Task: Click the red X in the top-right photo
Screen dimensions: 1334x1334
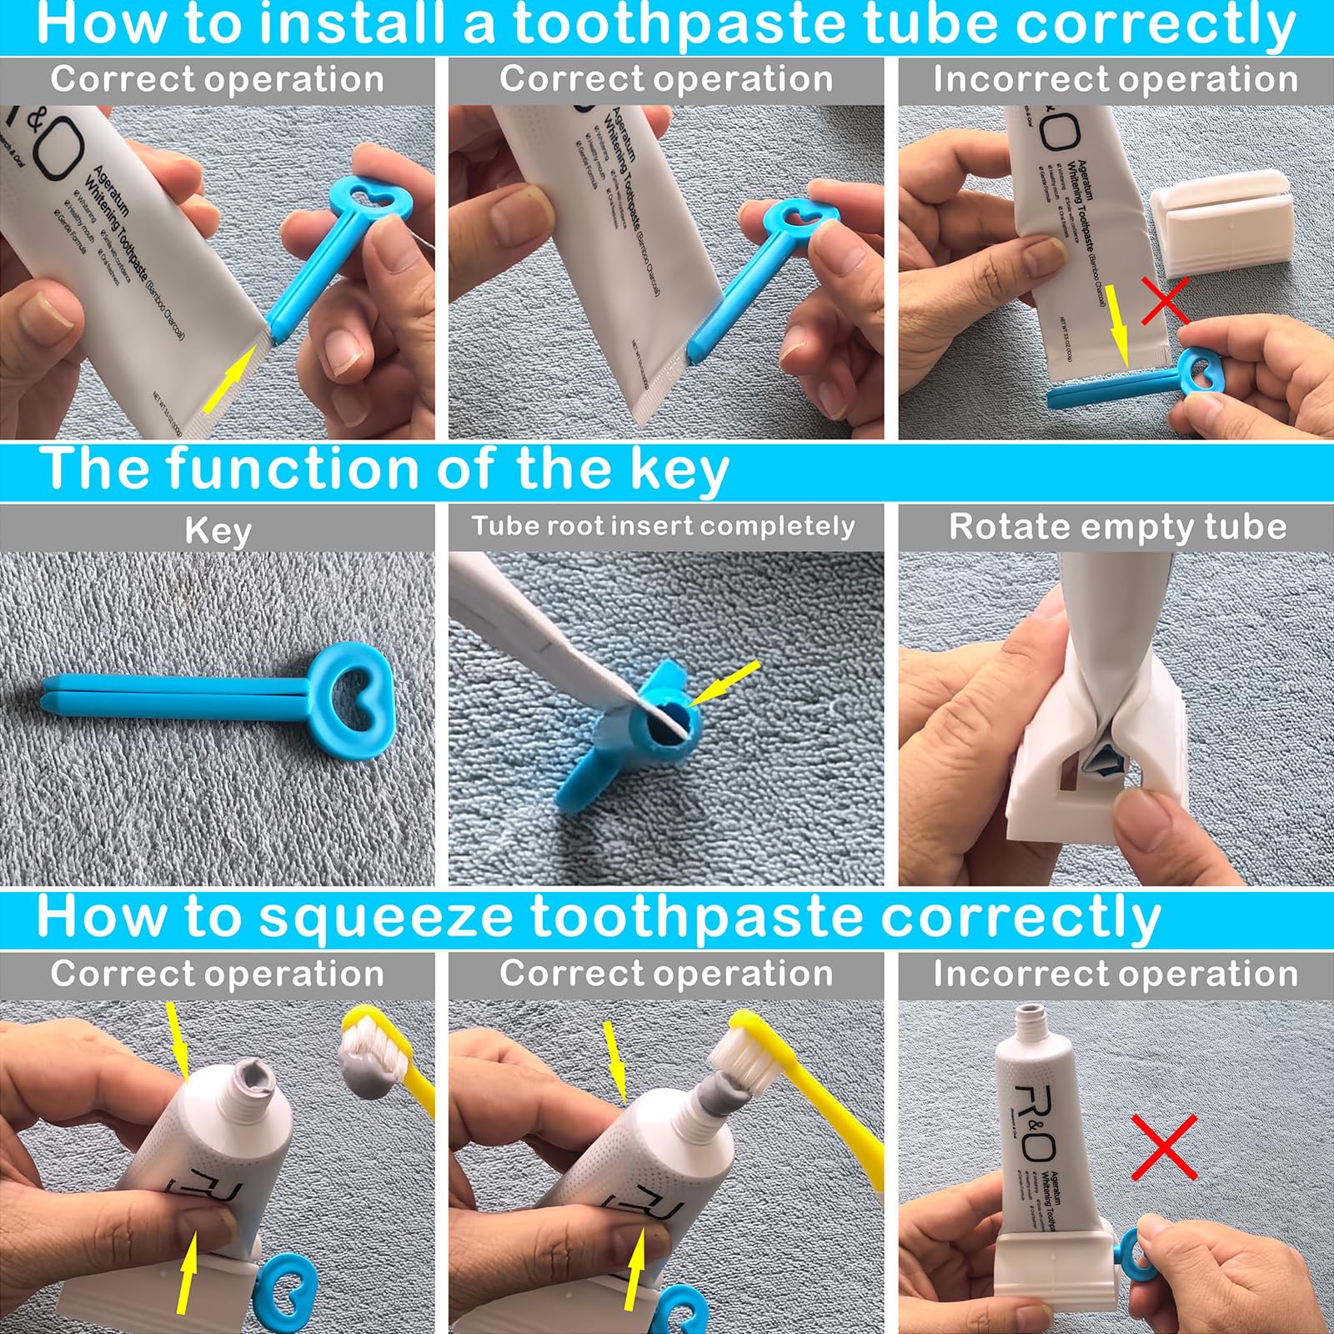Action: [x=1165, y=301]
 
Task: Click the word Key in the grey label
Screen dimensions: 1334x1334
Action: [x=218, y=530]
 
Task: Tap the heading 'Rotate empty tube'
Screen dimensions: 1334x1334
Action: [x=1117, y=527]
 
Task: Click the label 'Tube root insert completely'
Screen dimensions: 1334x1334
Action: [x=664, y=526]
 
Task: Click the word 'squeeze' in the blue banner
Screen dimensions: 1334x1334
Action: [x=385, y=917]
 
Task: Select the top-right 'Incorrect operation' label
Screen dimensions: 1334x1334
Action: [x=1116, y=80]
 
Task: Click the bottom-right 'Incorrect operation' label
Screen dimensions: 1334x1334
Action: [x=1116, y=974]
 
